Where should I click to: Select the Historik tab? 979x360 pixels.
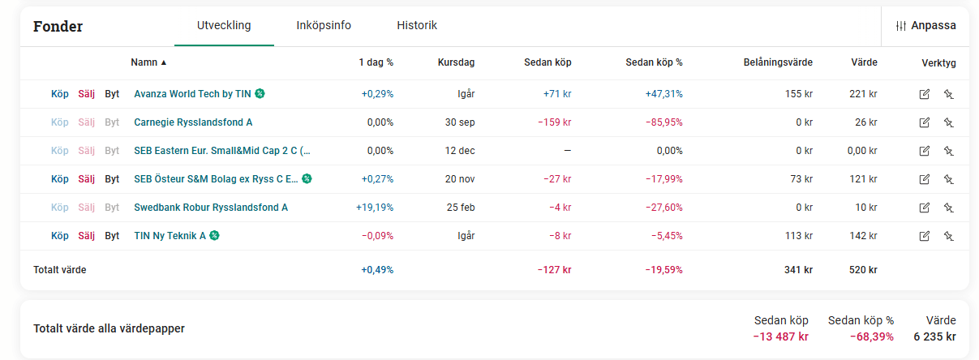(x=417, y=25)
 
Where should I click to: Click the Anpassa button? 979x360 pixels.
(x=925, y=26)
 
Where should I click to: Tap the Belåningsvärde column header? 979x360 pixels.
(x=777, y=62)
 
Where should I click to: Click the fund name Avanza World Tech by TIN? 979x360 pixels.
(x=192, y=94)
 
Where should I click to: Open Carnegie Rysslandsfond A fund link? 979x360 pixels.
(x=193, y=122)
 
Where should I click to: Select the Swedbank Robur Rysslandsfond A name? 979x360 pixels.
(x=211, y=208)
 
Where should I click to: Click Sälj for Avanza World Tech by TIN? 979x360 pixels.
(x=87, y=94)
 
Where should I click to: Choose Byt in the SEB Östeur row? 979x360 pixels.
(x=112, y=179)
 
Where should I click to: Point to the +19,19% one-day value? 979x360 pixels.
(x=375, y=208)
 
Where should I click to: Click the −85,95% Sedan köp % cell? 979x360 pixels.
(x=663, y=122)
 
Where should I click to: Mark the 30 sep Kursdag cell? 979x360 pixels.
(x=459, y=122)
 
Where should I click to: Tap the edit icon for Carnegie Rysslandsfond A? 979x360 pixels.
(x=924, y=122)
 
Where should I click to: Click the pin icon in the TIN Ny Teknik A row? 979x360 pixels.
(x=948, y=236)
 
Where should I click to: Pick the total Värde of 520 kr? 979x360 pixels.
(x=863, y=270)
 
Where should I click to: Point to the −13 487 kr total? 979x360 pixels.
(x=781, y=337)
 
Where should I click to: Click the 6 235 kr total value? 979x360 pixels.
(x=934, y=337)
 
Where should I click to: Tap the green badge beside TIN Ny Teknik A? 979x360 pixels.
(x=214, y=236)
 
